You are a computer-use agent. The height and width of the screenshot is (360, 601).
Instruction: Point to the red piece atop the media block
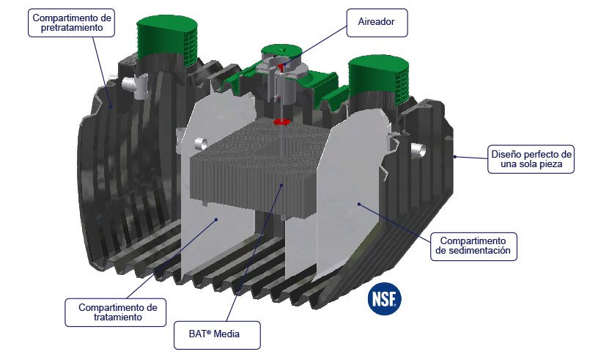[x=279, y=122]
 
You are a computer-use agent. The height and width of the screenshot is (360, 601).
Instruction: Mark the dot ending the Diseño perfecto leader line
[x=454, y=155]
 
